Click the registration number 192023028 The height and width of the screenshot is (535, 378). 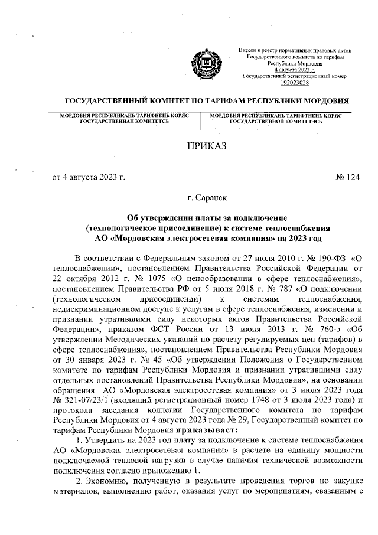tap(296, 83)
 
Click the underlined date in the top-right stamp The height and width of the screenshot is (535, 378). tap(296, 70)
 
